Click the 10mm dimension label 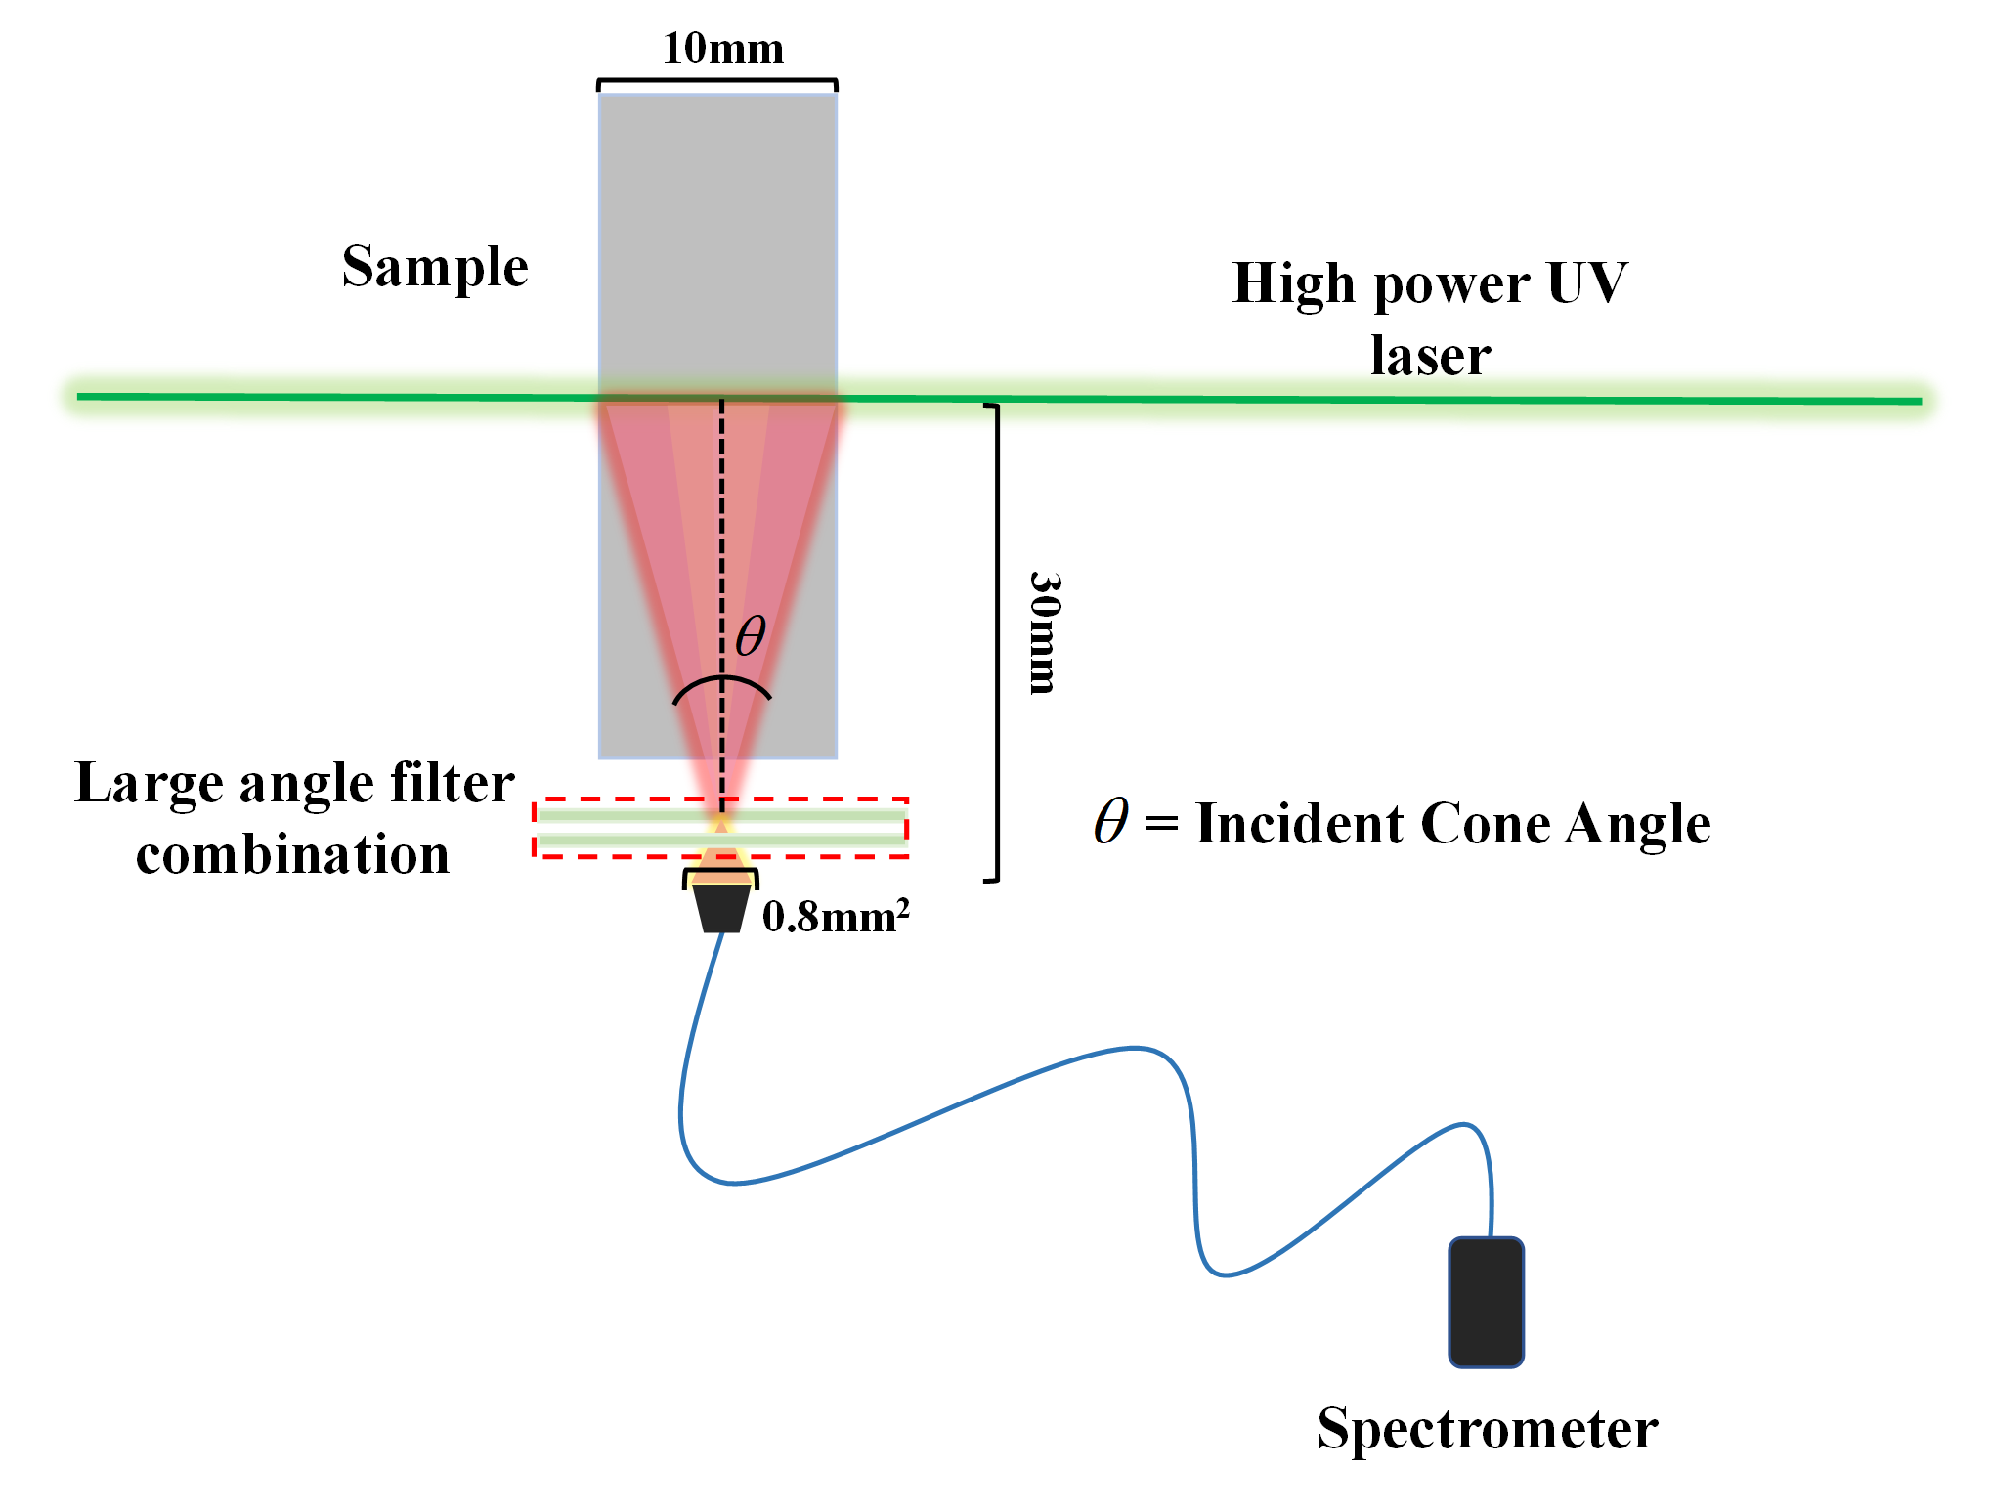722,48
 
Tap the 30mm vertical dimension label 1044,633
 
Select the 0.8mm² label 836,917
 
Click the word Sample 435,267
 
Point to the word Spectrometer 1487,1429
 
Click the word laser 1430,356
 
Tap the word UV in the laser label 1587,283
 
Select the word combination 292,855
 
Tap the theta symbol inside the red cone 751,636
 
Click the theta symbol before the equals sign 1111,821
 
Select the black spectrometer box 1486,1302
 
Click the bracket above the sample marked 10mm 717,82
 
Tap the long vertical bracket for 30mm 996,642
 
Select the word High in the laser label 1297,283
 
